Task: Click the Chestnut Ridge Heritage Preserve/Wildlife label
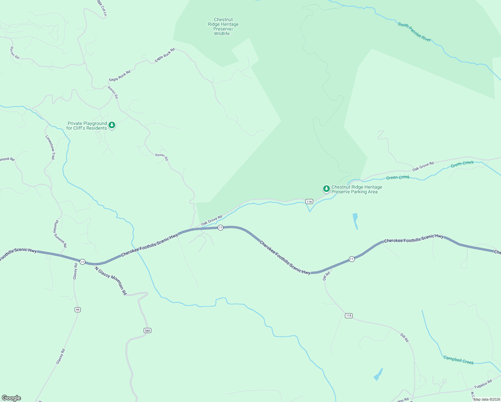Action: (x=223, y=27)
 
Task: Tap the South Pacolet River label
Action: (x=414, y=32)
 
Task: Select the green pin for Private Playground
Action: (x=112, y=125)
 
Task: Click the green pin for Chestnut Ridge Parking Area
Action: (x=326, y=189)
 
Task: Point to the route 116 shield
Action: (x=309, y=201)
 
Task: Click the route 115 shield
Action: (x=349, y=316)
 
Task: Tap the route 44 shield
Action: (x=78, y=310)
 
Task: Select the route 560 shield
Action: (x=147, y=331)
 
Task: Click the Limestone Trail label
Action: (x=50, y=147)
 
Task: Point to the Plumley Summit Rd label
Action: (x=60, y=234)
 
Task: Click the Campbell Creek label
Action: (x=458, y=360)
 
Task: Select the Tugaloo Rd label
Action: (x=483, y=384)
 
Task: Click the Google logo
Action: (x=11, y=398)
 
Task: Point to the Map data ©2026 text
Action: (x=487, y=399)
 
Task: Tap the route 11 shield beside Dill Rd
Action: (x=351, y=259)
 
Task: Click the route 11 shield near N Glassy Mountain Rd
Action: (x=82, y=262)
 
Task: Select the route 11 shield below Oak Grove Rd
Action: (x=220, y=228)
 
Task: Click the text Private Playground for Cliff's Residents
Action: (x=87, y=126)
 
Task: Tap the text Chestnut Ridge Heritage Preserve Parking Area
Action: (x=356, y=189)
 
